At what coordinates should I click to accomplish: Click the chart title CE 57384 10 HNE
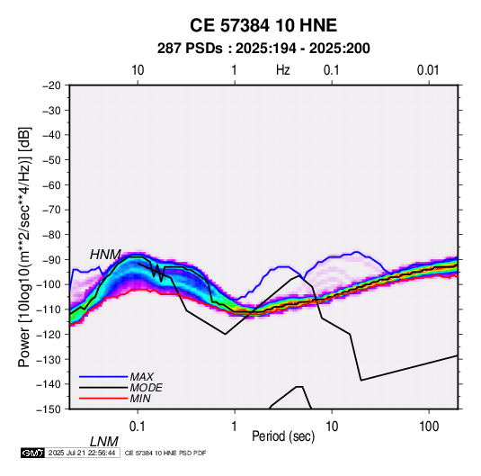click(263, 25)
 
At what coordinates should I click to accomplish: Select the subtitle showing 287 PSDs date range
click(263, 49)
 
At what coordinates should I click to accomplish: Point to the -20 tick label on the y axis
click(51, 85)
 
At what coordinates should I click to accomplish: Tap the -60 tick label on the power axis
click(51, 184)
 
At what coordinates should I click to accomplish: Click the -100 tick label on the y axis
click(49, 284)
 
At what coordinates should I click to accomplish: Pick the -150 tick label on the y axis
click(49, 409)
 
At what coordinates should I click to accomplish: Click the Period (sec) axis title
click(283, 436)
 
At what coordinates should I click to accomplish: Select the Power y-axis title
click(24, 247)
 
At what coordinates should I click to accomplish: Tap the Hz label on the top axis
click(283, 70)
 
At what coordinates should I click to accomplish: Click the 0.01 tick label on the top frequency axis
click(428, 70)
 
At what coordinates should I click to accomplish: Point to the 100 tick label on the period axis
click(429, 427)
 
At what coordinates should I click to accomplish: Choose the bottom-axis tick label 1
click(235, 427)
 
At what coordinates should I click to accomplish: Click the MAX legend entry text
click(142, 376)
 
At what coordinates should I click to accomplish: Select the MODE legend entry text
click(146, 388)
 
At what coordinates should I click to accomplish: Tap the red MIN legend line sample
click(103, 399)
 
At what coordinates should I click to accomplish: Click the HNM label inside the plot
click(105, 255)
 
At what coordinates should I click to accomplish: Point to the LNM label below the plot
click(104, 442)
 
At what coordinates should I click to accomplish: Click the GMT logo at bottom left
click(33, 453)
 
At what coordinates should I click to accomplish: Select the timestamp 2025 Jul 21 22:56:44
click(82, 453)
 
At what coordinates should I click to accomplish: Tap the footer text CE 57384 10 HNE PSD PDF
click(165, 453)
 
